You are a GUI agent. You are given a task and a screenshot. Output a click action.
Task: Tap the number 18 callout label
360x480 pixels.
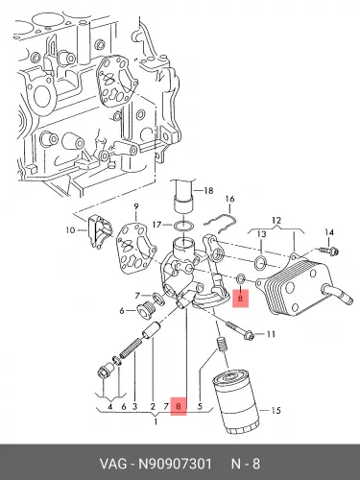pos(208,191)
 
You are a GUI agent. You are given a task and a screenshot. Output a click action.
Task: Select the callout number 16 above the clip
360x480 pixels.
pos(229,199)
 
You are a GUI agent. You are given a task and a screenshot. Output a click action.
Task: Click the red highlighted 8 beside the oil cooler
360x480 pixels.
pos(240,299)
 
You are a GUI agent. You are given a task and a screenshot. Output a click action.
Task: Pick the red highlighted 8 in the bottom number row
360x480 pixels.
pos(179,406)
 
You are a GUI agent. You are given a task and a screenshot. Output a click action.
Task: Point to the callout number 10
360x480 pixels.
pos(70,230)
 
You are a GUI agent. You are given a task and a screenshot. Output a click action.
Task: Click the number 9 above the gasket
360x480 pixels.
pos(136,207)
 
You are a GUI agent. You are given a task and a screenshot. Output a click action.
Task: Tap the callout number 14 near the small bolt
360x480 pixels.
pos(329,232)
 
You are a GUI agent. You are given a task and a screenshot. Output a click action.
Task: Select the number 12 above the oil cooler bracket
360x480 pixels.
pos(276,220)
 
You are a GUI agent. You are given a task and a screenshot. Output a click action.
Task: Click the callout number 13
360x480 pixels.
pos(262,234)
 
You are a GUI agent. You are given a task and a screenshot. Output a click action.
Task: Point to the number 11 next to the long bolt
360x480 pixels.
pos(271,334)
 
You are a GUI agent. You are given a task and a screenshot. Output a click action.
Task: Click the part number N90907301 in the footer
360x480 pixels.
pos(175,464)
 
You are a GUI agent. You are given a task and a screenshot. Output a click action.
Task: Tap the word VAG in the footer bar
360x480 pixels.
pos(113,464)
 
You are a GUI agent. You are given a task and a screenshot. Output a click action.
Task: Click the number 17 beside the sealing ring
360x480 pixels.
pos(156,225)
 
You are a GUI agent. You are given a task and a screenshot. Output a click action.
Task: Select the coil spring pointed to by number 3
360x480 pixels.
pos(131,348)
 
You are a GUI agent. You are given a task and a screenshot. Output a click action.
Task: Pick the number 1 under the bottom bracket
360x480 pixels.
pos(156,421)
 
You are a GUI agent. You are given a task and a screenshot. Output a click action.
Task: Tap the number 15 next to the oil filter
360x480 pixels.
pos(276,410)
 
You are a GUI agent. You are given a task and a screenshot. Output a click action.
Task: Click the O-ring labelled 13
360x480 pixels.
pos(260,263)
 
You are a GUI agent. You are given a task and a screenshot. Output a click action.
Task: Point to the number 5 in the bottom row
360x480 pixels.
pos(200,407)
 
